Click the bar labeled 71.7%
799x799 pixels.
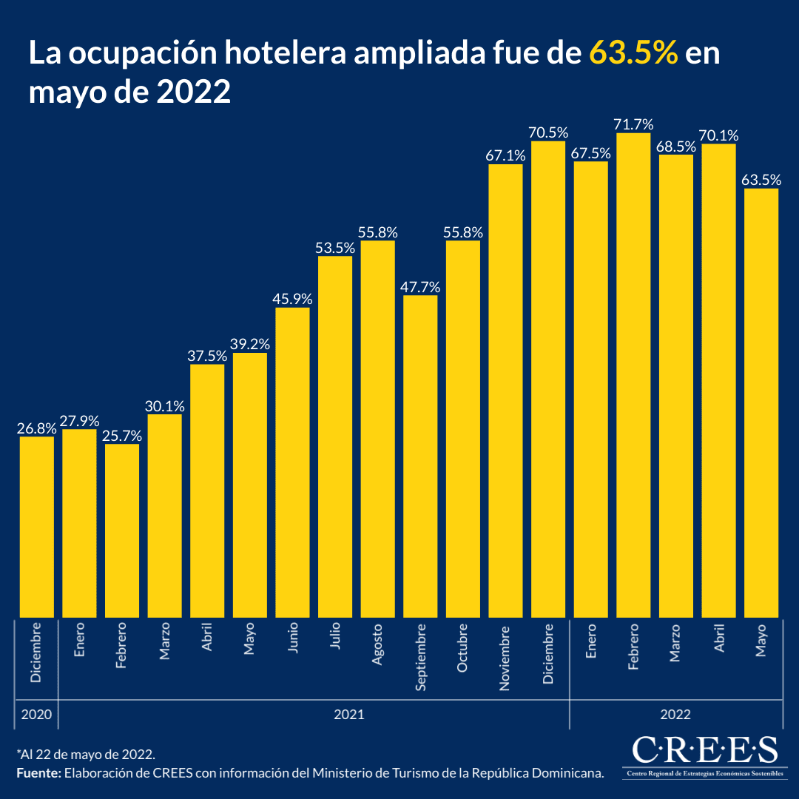coord(633,374)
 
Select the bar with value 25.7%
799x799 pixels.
coord(122,530)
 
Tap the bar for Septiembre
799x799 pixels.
coord(420,456)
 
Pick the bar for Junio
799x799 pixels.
coord(292,462)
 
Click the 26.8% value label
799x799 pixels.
coord(36,428)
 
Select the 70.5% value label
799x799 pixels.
coord(548,132)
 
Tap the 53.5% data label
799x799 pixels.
coord(335,248)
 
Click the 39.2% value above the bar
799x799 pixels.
coord(250,344)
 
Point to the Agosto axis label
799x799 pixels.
coord(378,644)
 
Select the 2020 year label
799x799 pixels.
coord(36,715)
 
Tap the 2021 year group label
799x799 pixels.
coord(348,715)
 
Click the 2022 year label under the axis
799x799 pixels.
coord(675,715)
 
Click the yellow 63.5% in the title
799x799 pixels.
coord(634,55)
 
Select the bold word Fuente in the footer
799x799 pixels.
coord(38,773)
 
